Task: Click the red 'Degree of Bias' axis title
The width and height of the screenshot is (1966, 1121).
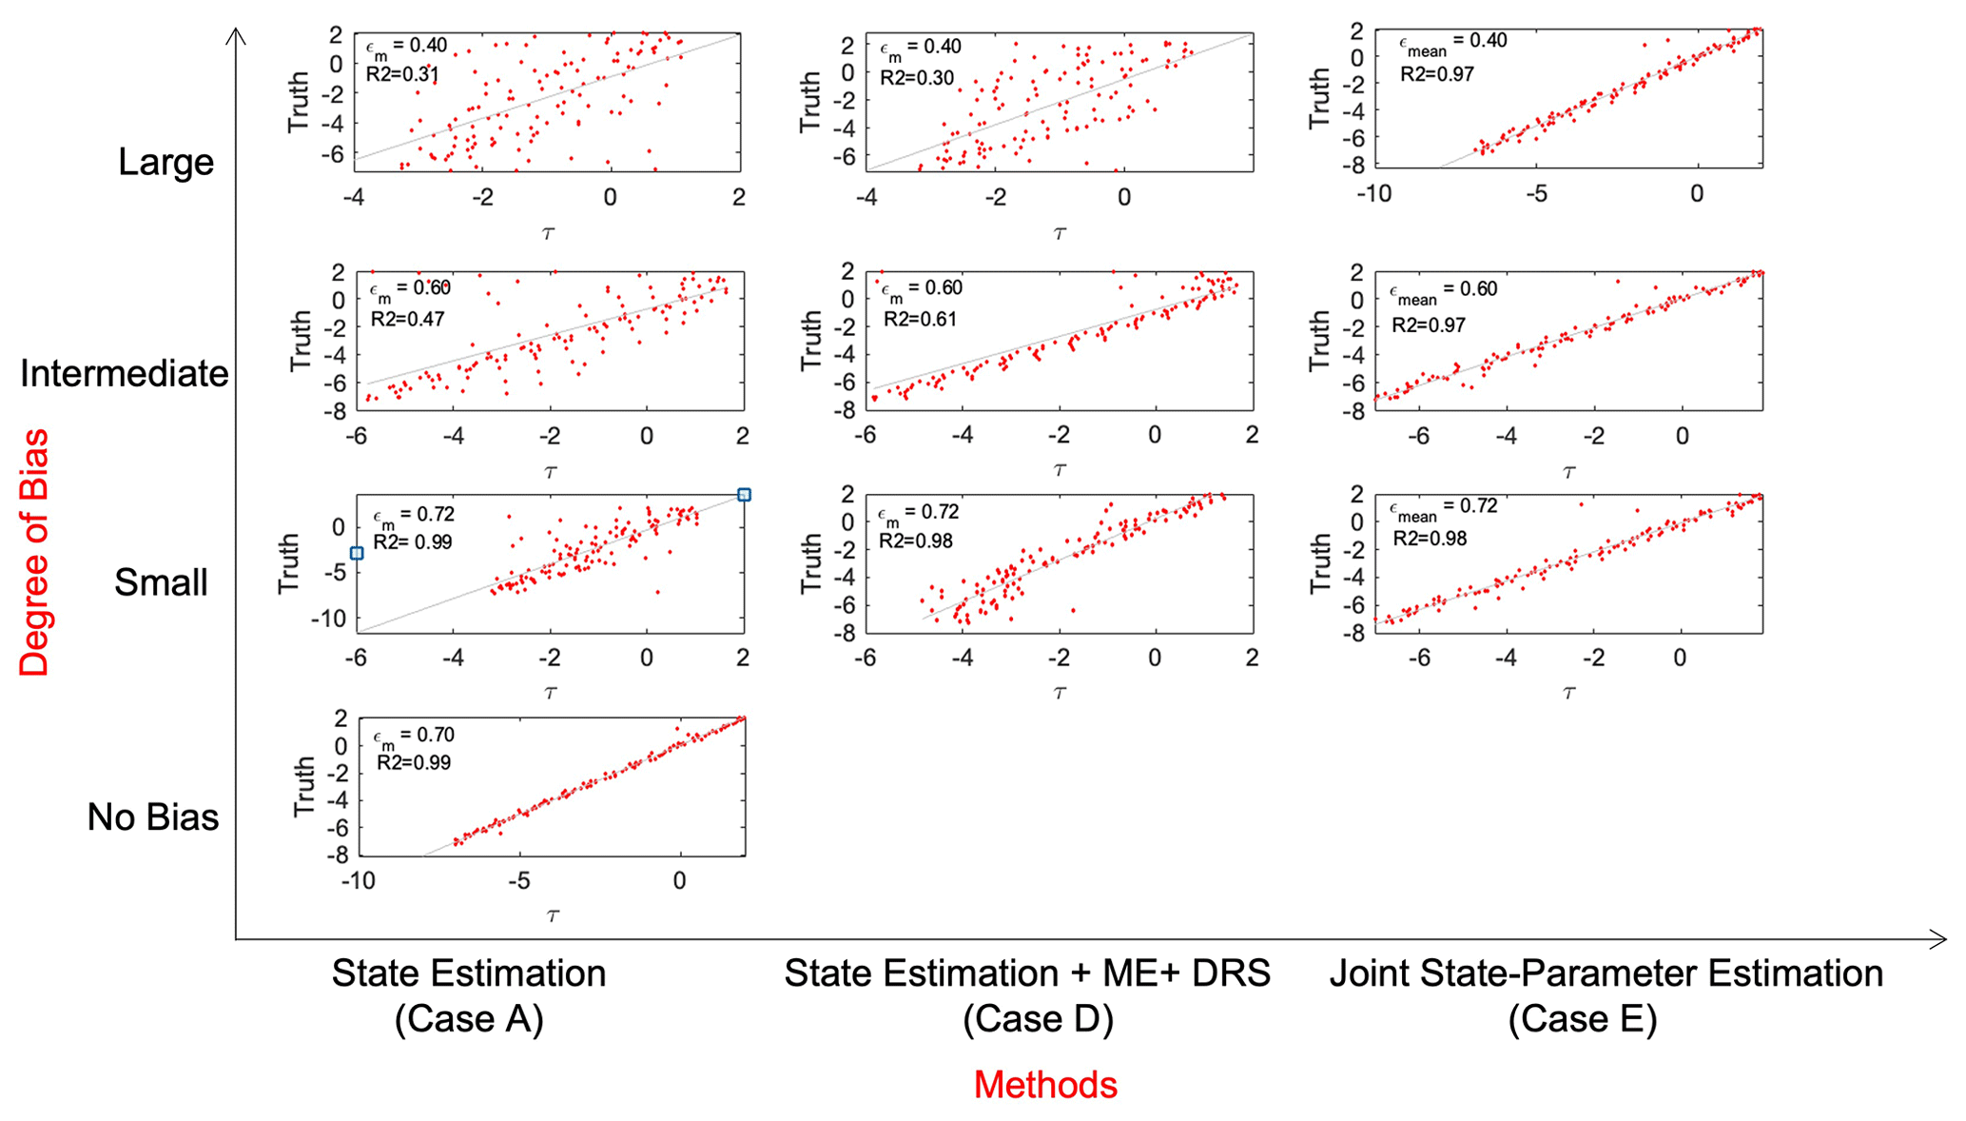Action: [34, 552]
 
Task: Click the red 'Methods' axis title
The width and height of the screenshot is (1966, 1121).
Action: [1044, 1085]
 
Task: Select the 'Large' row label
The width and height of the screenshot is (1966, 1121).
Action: [165, 162]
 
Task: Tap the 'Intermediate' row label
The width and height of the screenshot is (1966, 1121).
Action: [124, 373]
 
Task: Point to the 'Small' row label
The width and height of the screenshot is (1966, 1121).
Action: [161, 582]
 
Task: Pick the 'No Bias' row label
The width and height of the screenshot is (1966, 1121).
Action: [152, 816]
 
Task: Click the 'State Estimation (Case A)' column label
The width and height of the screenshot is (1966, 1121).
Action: [468, 995]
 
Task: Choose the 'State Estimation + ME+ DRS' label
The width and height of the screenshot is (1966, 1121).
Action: [1027, 973]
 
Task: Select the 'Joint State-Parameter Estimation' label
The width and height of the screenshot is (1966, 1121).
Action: [1606, 973]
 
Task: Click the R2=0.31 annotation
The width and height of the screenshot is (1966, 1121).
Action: [402, 74]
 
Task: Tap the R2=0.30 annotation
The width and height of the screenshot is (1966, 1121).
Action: [916, 77]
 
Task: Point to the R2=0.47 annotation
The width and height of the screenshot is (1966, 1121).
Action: [407, 319]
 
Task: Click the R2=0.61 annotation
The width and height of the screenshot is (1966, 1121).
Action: [920, 319]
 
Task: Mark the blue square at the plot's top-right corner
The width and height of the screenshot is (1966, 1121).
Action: [745, 495]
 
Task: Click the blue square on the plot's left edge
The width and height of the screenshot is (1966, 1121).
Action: [357, 553]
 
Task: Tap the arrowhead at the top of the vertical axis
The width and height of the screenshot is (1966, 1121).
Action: [236, 36]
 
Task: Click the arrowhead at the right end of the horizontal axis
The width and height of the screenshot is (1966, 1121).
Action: [1937, 940]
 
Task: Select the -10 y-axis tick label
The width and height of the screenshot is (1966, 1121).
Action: [328, 619]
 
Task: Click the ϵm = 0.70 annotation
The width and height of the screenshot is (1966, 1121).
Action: [414, 736]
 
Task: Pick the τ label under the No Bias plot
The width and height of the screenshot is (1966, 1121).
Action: [553, 915]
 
